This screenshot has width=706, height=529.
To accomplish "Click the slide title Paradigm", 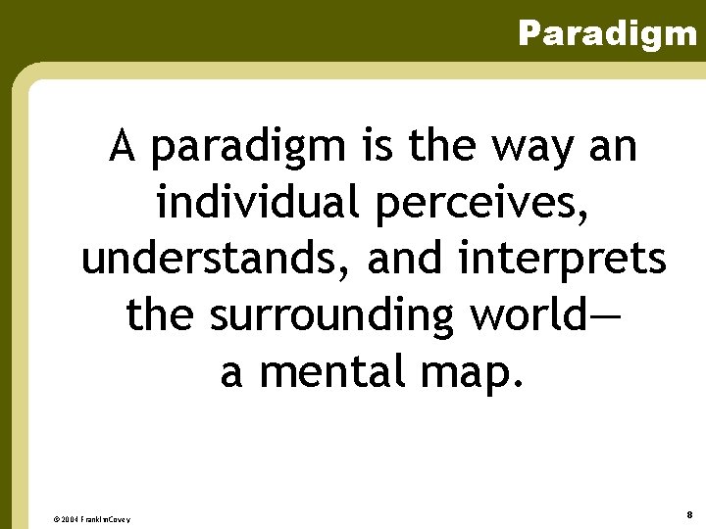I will coord(607,34).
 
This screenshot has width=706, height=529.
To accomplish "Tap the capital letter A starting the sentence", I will coord(122,148).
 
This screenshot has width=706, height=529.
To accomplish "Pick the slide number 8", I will coord(690,514).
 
